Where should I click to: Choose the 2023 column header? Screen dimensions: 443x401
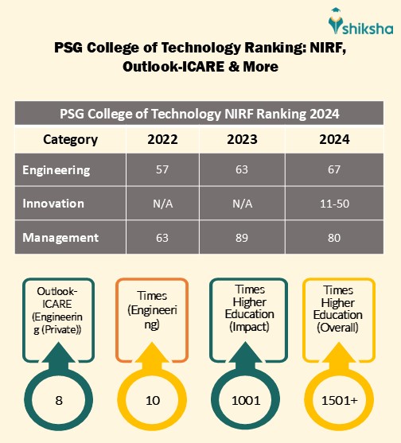241,139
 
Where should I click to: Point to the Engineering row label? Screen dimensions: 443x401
56,170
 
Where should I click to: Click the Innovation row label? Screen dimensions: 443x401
53,204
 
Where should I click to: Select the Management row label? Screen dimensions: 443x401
60,237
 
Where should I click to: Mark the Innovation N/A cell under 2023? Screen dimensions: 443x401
241,204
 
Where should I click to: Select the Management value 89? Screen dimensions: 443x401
241,237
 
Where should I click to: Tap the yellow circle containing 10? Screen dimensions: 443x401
154,399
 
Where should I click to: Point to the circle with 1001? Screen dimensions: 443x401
246,399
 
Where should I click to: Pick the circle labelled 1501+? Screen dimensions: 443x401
338,399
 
